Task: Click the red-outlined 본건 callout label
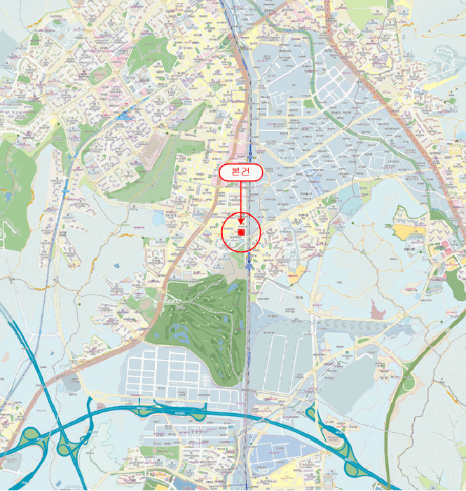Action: coord(241,173)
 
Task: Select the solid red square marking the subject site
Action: coord(241,232)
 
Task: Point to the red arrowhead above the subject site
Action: coord(241,222)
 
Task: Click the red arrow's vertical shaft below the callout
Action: coord(241,200)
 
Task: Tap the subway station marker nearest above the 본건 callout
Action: coord(250,150)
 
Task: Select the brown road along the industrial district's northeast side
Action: coord(392,105)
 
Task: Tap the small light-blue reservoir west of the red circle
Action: coord(157,220)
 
